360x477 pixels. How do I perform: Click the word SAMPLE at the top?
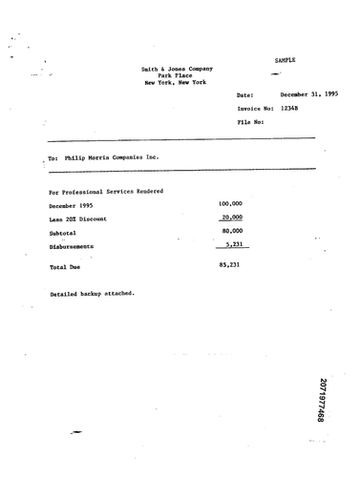tap(286, 60)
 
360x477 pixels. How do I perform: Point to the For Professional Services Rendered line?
tap(106, 191)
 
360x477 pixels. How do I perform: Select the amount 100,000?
tap(230, 203)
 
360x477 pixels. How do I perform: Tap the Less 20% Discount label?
tap(78, 218)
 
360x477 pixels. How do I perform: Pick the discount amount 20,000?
tap(232, 217)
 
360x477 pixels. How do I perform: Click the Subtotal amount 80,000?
tap(232, 230)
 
